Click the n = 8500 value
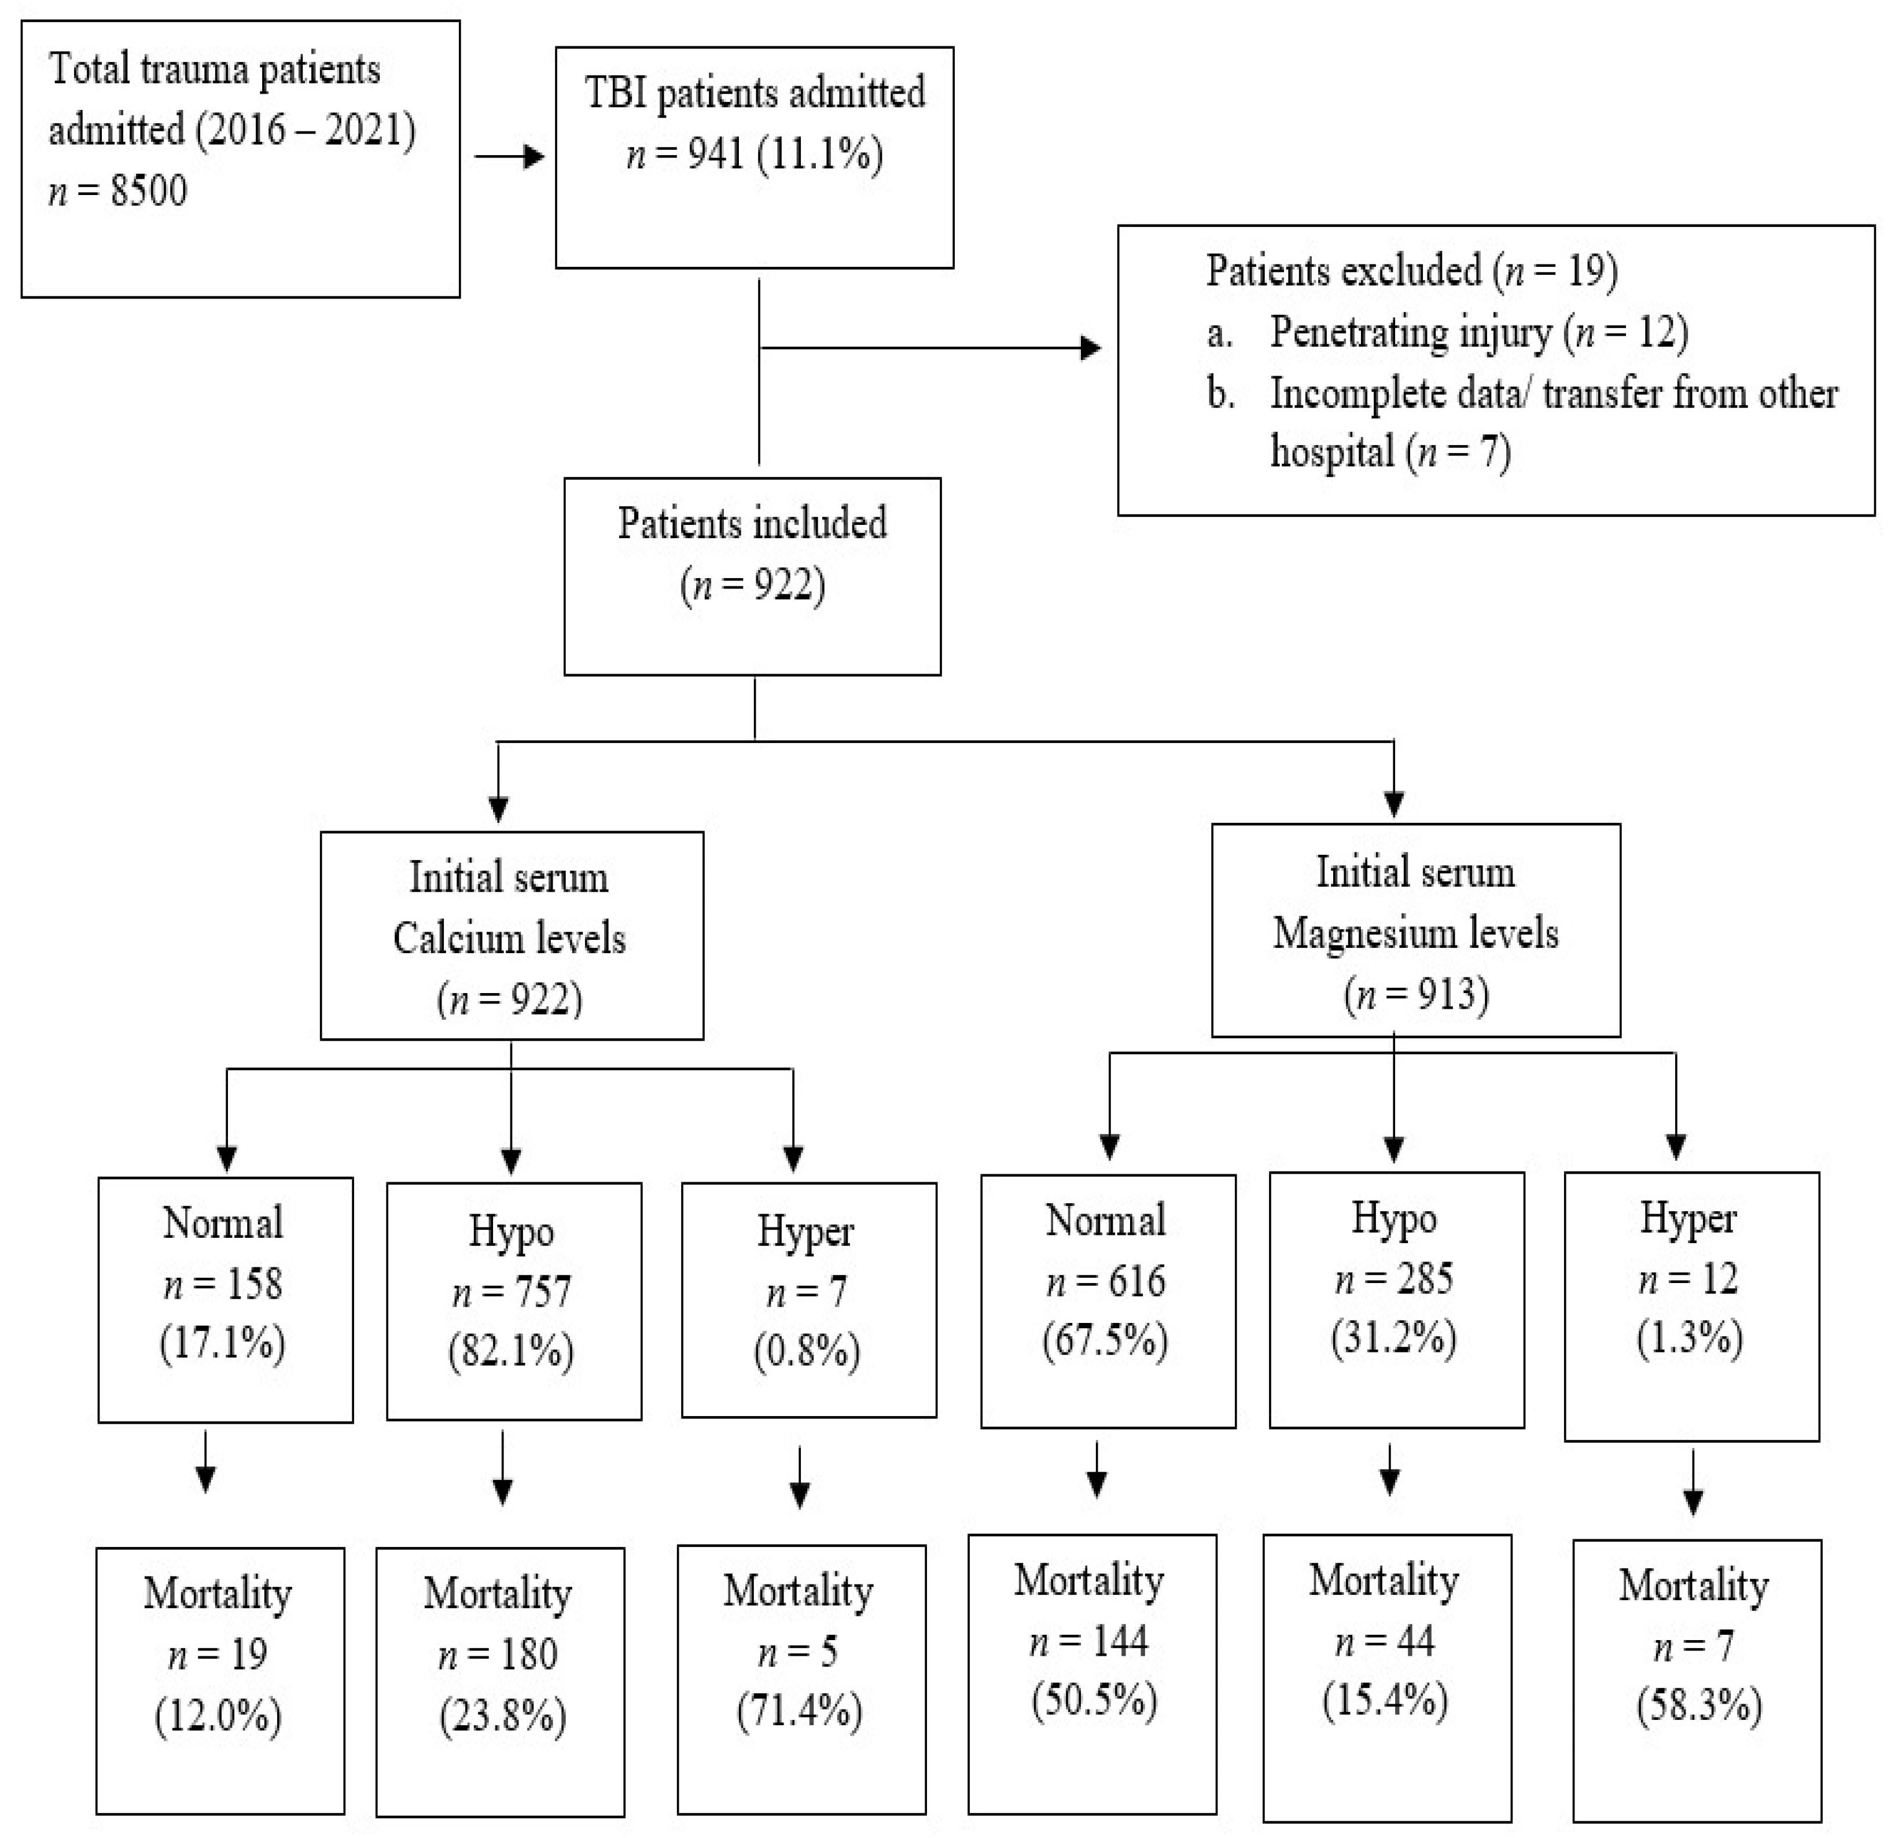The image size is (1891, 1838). (x=118, y=191)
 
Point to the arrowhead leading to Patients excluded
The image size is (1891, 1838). (x=1091, y=348)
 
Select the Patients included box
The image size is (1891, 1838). (x=752, y=576)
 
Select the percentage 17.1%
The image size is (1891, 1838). (x=223, y=1344)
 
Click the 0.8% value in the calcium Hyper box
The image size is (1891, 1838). (x=807, y=1351)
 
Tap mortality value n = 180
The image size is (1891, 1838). (x=498, y=1655)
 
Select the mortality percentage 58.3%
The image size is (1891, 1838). (x=1699, y=1705)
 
